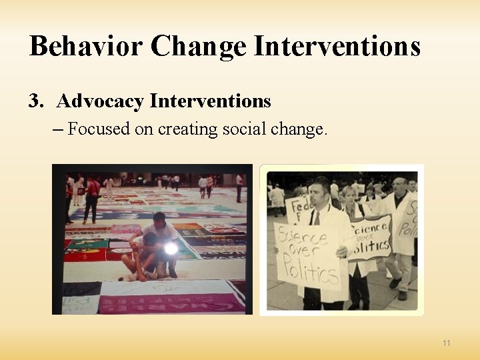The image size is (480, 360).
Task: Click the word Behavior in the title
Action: pos(85,47)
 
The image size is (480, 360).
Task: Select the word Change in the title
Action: pos(199,47)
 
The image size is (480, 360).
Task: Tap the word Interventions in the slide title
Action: pos(338,47)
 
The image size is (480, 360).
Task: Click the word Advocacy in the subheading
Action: pos(100,101)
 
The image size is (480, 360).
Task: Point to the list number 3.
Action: pos(35,101)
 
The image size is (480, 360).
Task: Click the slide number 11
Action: pos(446,343)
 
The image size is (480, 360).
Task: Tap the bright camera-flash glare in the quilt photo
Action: pos(171,248)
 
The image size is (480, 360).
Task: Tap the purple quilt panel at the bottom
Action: pos(170,303)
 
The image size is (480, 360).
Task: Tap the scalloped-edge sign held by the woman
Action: pos(369,237)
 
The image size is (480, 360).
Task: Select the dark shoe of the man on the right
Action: pos(402,295)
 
